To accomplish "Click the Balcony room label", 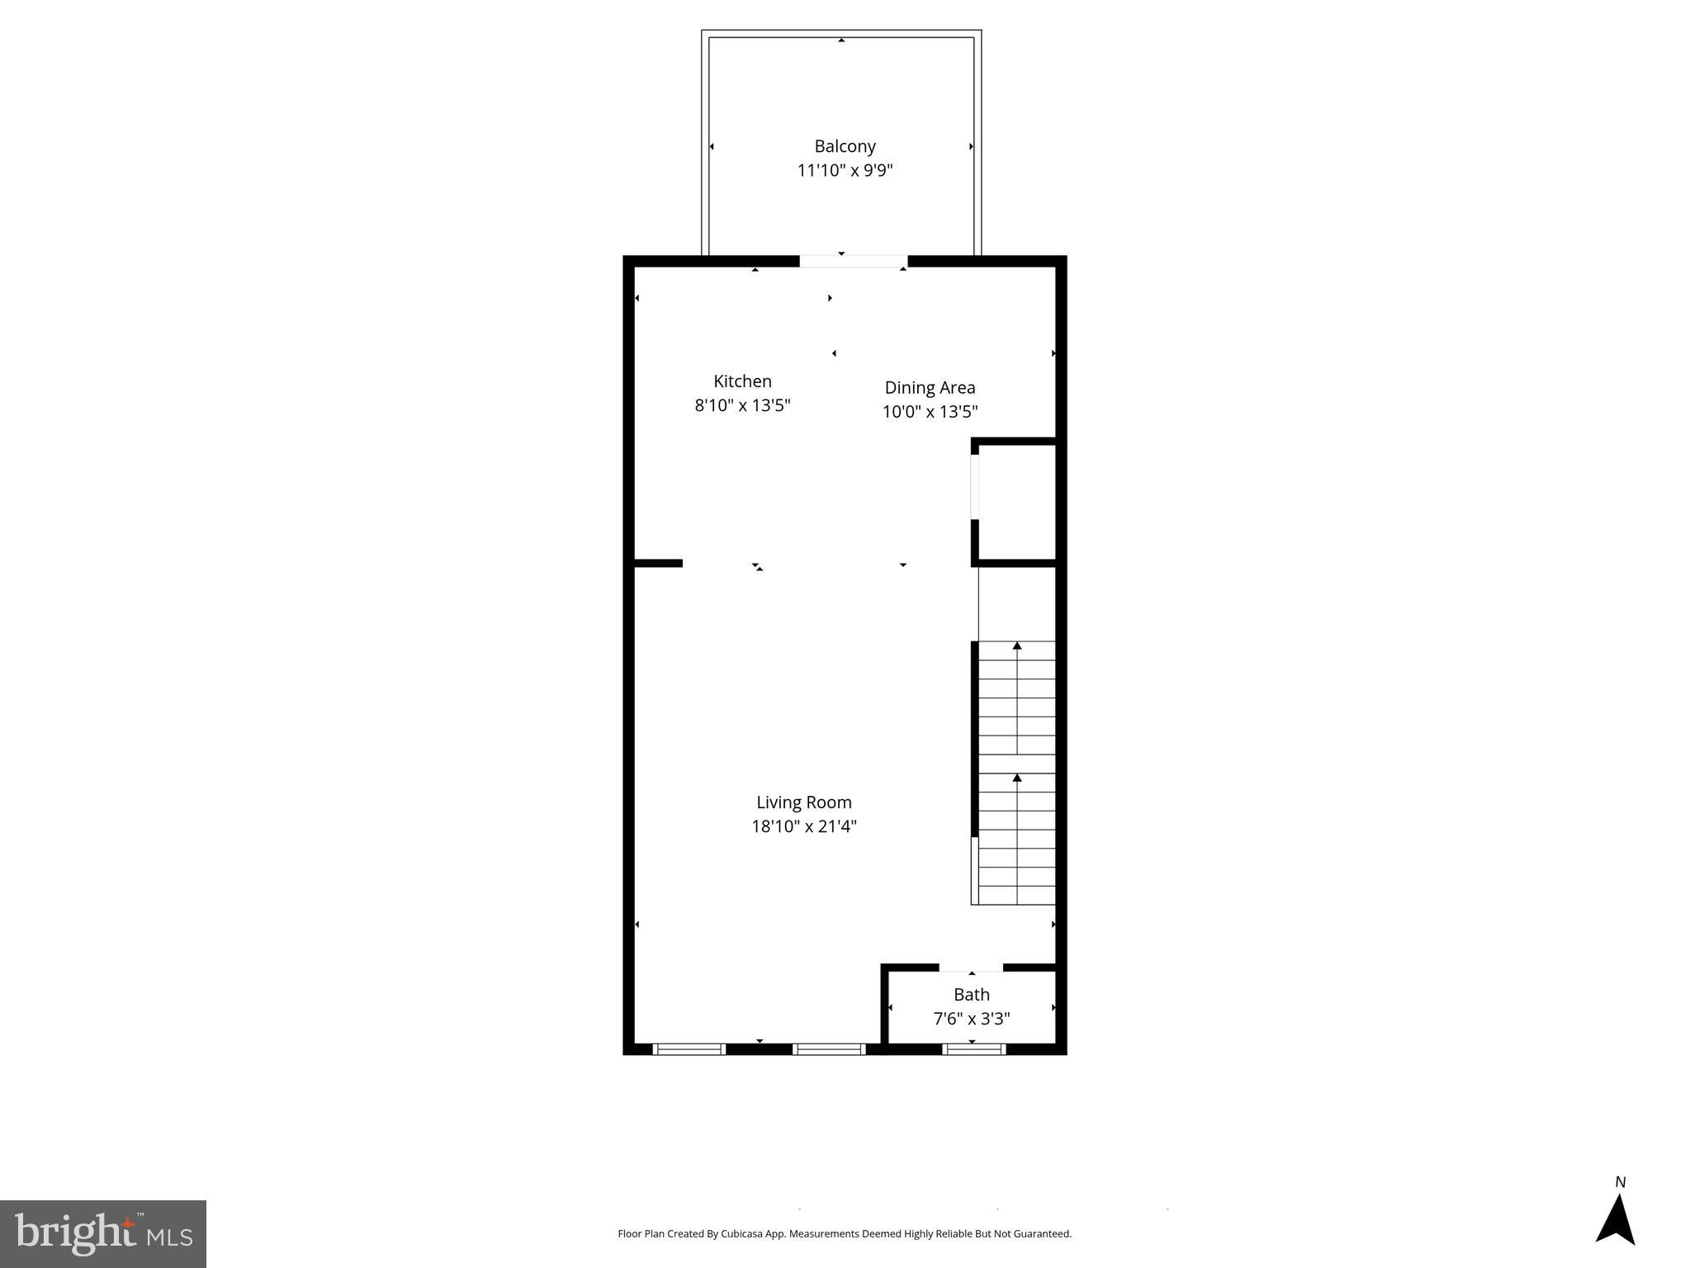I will pyautogui.click(x=845, y=146).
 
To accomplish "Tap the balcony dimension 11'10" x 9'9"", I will pyautogui.click(x=845, y=171).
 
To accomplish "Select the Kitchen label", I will pyautogui.click(x=742, y=381).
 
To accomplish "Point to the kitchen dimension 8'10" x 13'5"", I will pyautogui.click(x=742, y=405).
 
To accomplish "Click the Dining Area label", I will pyautogui.click(x=930, y=387).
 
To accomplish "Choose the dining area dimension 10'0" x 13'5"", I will pyautogui.click(x=930, y=411).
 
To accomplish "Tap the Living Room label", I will pyautogui.click(x=803, y=802).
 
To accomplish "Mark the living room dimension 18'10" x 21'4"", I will pyautogui.click(x=803, y=826).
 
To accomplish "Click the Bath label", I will pyautogui.click(x=971, y=995).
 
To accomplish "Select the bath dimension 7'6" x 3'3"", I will pyautogui.click(x=971, y=1019).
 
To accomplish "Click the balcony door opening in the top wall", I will pyautogui.click(x=853, y=262).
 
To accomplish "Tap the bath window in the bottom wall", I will pyautogui.click(x=973, y=1049).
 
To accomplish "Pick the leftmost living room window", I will pyautogui.click(x=689, y=1049).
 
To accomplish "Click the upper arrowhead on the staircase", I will pyautogui.click(x=1017, y=646).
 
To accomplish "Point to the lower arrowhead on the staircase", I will pyautogui.click(x=1017, y=778).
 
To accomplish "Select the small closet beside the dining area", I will pyautogui.click(x=1016, y=502).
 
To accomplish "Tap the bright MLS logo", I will pyautogui.click(x=103, y=1233).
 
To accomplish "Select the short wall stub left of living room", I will pyautogui.click(x=658, y=564).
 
